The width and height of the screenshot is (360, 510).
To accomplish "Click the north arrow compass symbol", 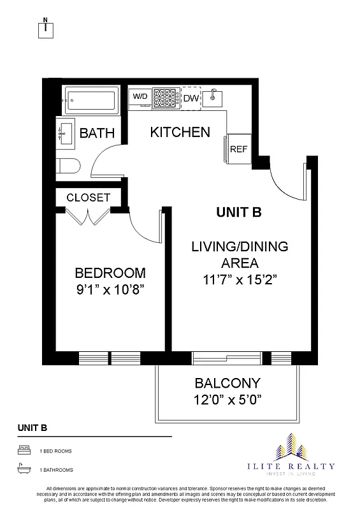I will [x=48, y=28].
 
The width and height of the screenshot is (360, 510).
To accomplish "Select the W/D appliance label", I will [x=140, y=96].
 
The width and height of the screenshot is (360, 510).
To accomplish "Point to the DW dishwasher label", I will [x=191, y=98].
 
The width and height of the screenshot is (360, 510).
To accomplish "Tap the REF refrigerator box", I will [x=238, y=149].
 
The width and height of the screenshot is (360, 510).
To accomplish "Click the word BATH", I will [x=97, y=133].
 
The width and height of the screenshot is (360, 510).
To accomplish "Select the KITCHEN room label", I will [x=180, y=133].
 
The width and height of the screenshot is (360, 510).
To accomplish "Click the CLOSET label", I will [x=88, y=198].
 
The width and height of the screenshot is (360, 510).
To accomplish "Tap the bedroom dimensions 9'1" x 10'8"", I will [x=110, y=288].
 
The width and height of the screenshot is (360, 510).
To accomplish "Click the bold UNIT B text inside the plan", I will [x=239, y=213].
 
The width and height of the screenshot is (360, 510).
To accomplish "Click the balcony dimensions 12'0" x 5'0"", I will [x=227, y=400].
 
